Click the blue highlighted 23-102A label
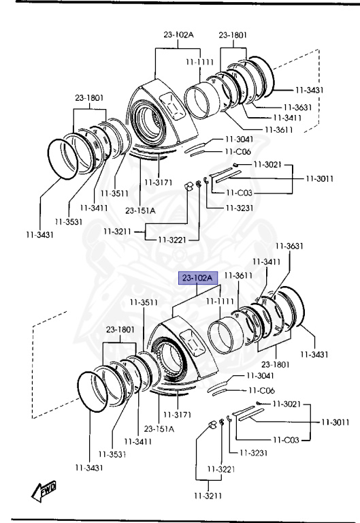(x=198, y=278)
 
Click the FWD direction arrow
(x=44, y=491)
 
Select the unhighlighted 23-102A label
(x=178, y=34)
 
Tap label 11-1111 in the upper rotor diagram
(x=199, y=62)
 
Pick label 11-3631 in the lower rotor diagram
(x=289, y=246)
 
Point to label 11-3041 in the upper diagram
(x=240, y=139)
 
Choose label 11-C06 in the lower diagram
(x=262, y=390)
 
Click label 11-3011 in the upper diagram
(x=320, y=178)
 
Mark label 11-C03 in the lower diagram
(x=286, y=440)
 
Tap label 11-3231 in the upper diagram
(x=240, y=208)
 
